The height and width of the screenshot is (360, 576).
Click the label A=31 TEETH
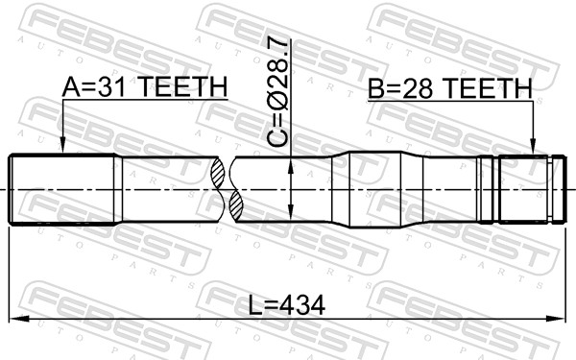tap(145, 87)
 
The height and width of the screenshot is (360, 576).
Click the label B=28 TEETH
tap(450, 88)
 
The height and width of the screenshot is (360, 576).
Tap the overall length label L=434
tap(286, 305)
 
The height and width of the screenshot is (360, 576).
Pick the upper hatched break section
tap(218, 172)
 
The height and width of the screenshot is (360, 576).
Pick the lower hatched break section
tap(236, 205)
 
